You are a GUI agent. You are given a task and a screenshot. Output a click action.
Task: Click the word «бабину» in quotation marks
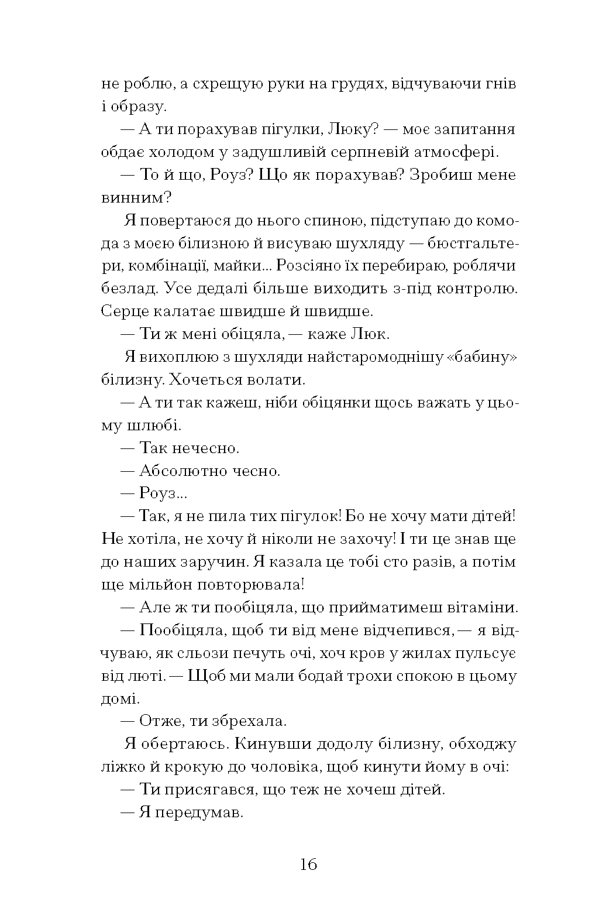coord(483,357)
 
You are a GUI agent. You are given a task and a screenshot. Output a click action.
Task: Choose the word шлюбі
coord(146,425)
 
